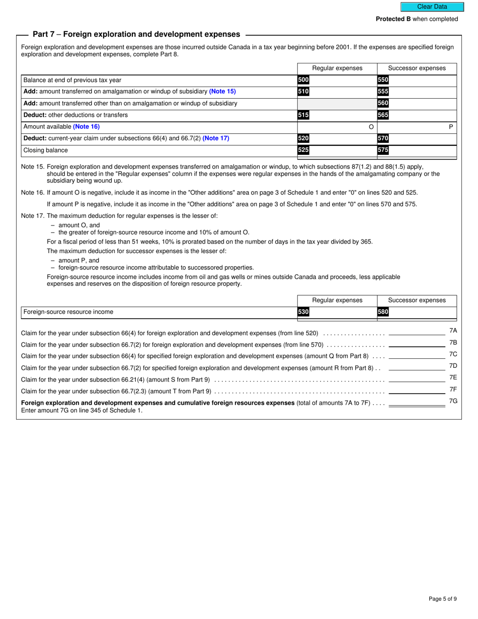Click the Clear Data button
click(x=432, y=7)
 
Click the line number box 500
click(x=303, y=80)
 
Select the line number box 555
click(x=383, y=92)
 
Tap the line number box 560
click(x=383, y=103)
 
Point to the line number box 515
click(x=303, y=115)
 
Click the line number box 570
click(x=383, y=138)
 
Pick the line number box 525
click(x=303, y=150)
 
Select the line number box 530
click(x=303, y=312)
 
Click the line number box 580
click(x=383, y=312)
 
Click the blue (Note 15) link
click(x=222, y=92)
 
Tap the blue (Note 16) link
click(x=86, y=127)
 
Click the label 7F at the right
click(x=453, y=390)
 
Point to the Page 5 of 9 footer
click(x=442, y=599)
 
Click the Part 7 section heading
click(x=136, y=34)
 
